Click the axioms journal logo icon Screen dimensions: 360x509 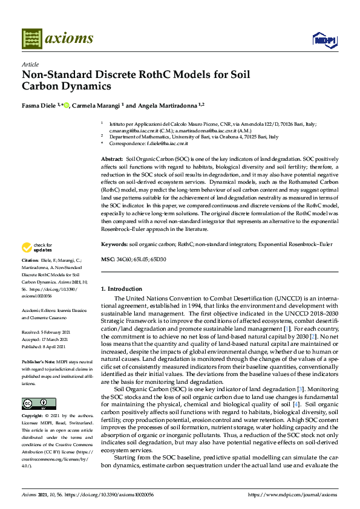pos(31,38)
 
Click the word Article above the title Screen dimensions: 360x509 pos(30,64)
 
